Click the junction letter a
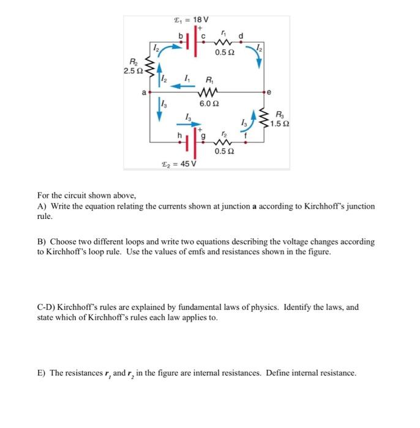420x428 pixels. (144, 93)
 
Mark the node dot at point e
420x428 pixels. (264, 94)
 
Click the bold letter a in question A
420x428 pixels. (253, 207)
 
